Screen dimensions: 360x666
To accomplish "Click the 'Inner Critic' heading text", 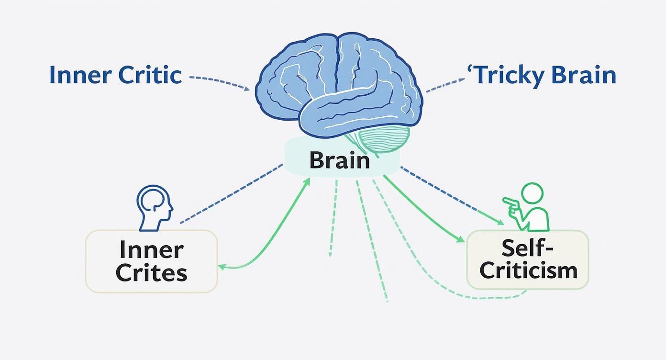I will [115, 76].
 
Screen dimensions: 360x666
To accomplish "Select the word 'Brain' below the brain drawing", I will [339, 160].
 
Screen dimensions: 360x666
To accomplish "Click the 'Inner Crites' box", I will [151, 261].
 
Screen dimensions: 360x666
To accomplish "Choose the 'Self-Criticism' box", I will [527, 259].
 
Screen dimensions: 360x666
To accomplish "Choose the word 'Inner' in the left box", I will [151, 250].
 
